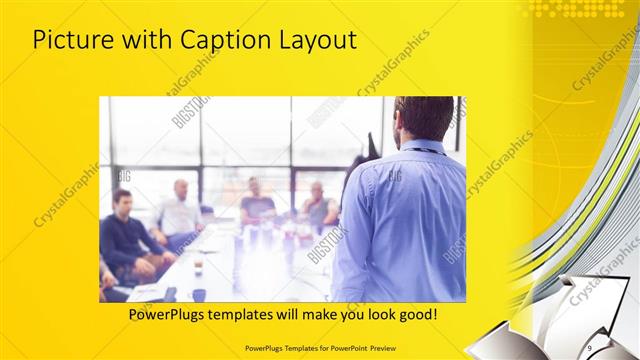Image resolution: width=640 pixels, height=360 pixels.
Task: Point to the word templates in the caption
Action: (x=263, y=314)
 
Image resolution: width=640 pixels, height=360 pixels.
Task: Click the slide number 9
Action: (x=590, y=345)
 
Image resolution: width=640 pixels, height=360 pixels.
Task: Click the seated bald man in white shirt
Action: (x=180, y=210)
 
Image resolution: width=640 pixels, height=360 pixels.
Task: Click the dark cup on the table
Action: (x=198, y=294)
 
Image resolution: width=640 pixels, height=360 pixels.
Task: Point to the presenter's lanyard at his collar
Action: (x=420, y=150)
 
